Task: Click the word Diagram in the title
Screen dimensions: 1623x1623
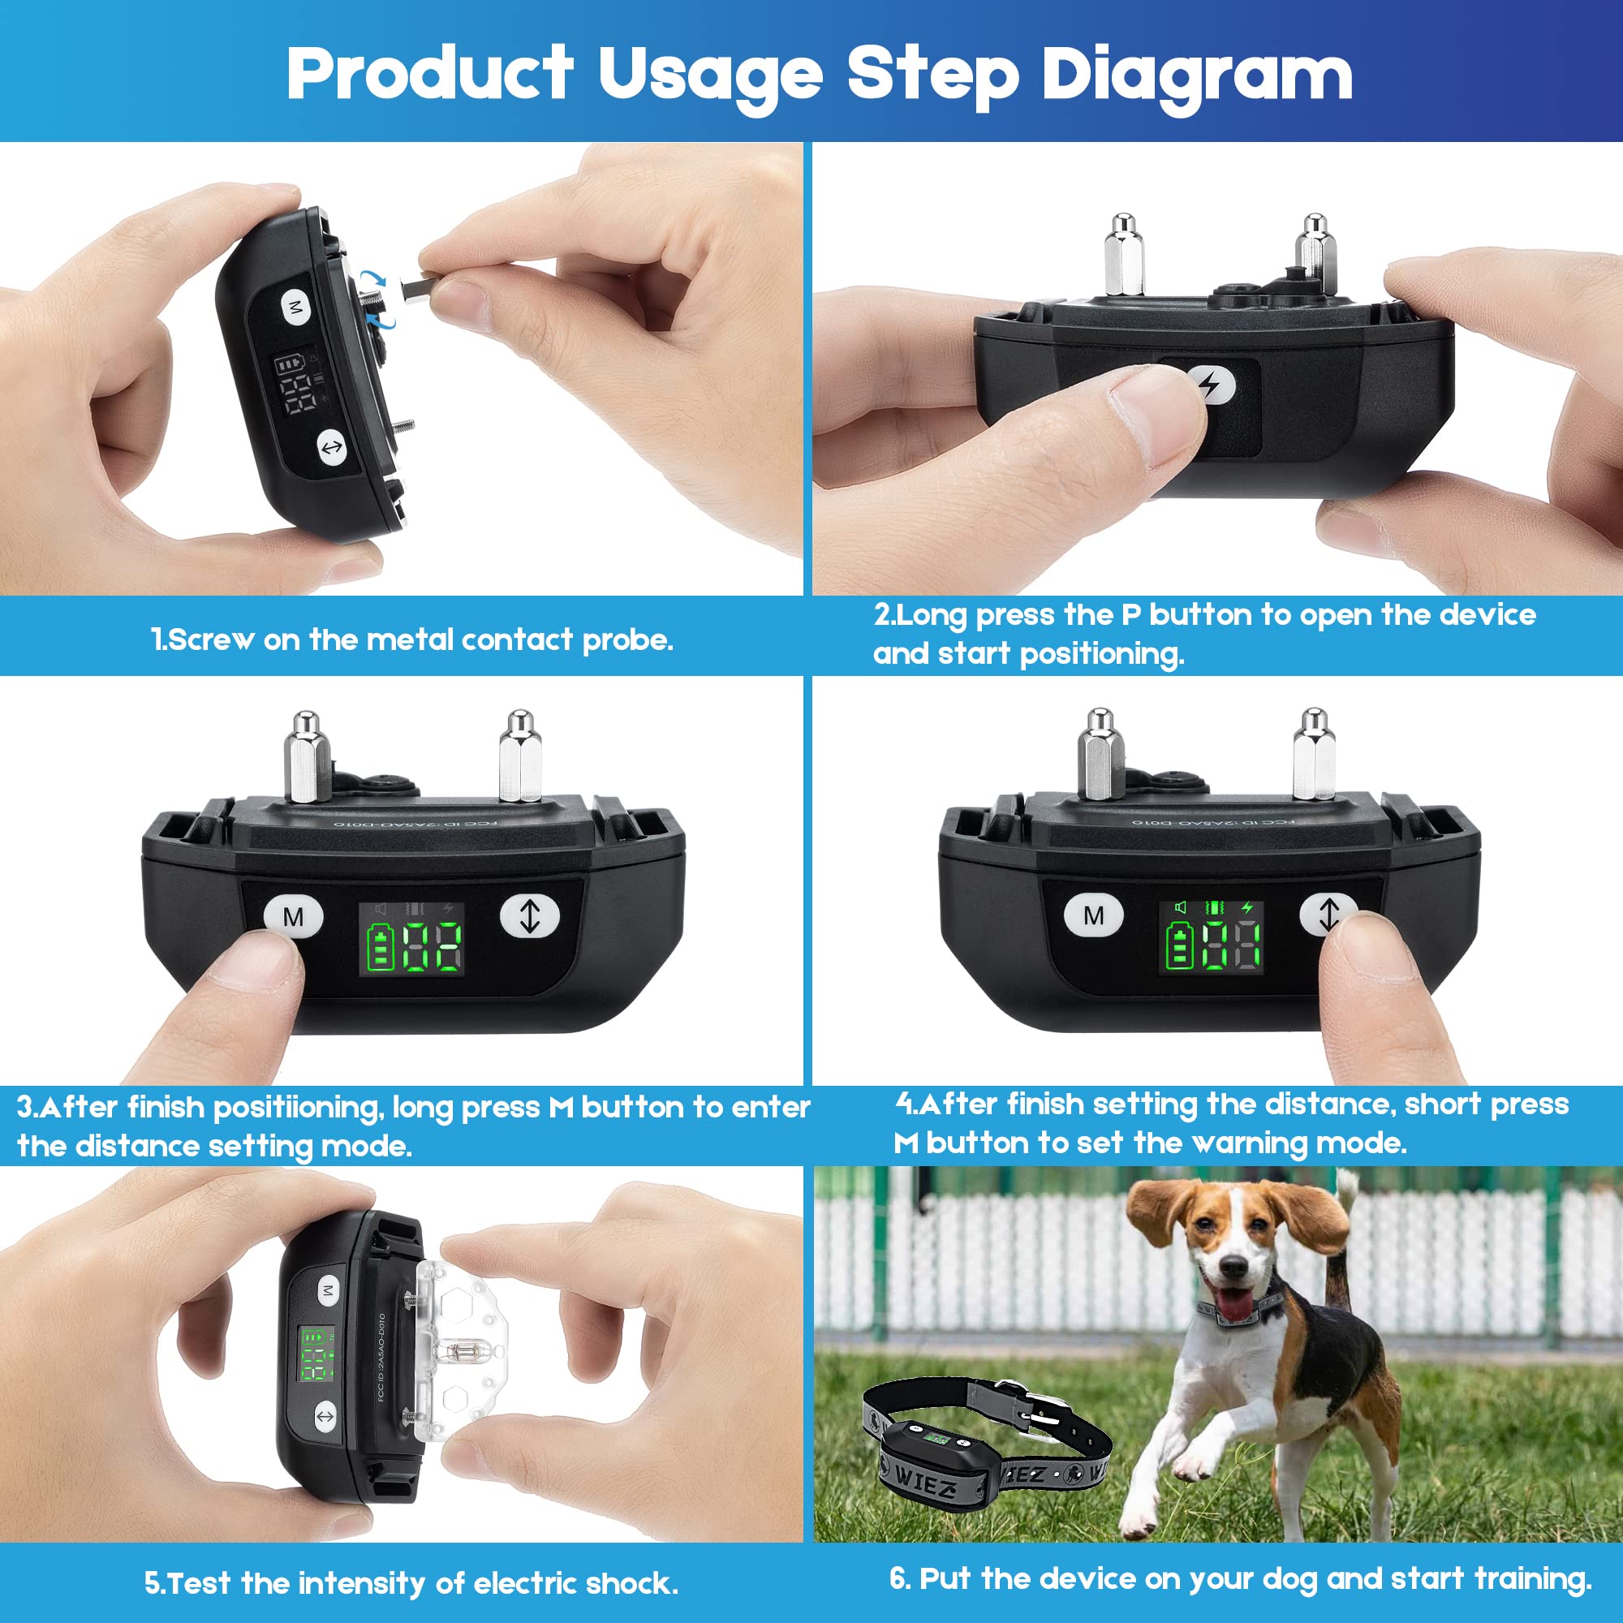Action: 1196,75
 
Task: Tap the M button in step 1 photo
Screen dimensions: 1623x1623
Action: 295,308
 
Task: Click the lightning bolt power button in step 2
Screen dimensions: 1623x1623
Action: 1211,386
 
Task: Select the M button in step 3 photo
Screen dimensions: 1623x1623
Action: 293,916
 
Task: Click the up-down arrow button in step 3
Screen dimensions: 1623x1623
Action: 529,915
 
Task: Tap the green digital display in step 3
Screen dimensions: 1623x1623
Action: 411,939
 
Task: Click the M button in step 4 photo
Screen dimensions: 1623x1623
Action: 1093,915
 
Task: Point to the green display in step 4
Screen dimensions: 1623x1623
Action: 1212,937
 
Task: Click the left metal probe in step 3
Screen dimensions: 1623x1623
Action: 307,756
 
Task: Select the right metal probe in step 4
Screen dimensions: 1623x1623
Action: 1313,754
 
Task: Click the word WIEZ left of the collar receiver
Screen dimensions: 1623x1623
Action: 924,1484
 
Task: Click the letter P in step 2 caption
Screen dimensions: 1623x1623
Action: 1130,615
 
